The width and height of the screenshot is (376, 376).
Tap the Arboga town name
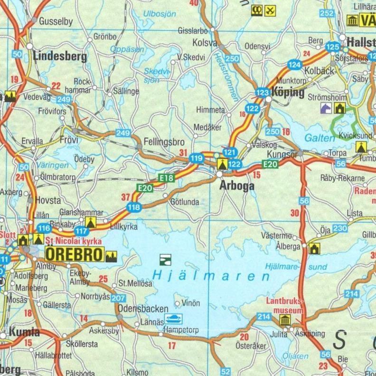pyautogui.click(x=236, y=187)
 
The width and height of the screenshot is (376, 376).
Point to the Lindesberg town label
pyautogui.click(x=60, y=56)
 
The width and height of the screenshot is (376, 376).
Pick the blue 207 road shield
pyautogui.click(x=119, y=298)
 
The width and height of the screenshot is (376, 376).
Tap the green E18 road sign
pyautogui.click(x=167, y=178)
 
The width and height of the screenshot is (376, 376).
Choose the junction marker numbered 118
pyautogui.click(x=134, y=207)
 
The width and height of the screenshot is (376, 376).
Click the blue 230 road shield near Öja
pyautogui.click(x=340, y=229)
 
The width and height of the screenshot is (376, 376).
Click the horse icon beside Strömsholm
pyautogui.click(x=326, y=109)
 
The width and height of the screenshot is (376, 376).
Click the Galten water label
pyautogui.click(x=317, y=138)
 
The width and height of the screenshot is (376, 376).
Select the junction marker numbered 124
pyautogui.click(x=294, y=65)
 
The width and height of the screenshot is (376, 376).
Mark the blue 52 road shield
pyautogui.click(x=226, y=372)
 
